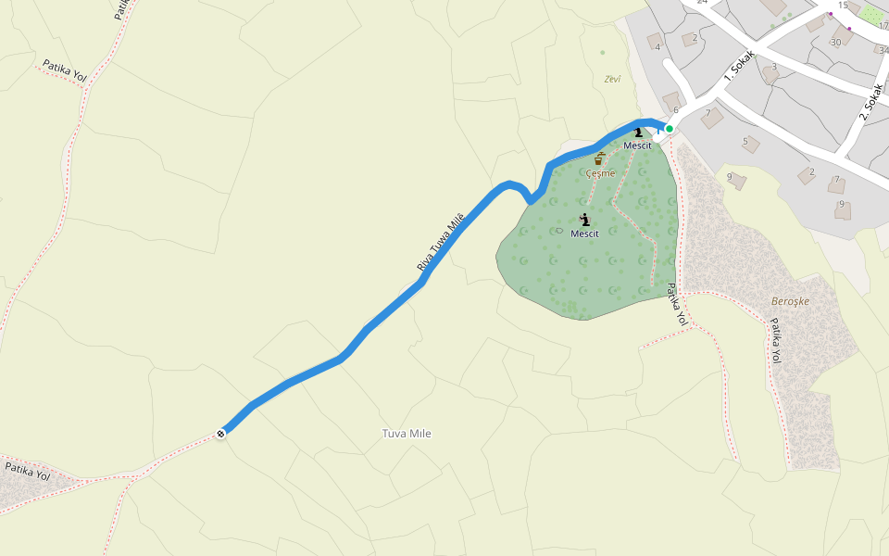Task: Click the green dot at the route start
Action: pos(669,129)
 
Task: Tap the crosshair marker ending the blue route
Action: pos(221,433)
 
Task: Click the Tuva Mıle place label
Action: pos(407,434)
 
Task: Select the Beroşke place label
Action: pos(790,302)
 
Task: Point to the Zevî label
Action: pos(612,79)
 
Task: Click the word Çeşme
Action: pos(600,173)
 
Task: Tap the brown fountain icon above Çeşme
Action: pos(600,158)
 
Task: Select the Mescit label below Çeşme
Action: pos(584,234)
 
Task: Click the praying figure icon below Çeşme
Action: pos(584,219)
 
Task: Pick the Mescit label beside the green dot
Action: pos(637,145)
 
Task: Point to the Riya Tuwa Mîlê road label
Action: pos(440,241)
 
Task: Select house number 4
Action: pos(657,46)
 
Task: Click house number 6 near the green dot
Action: pos(676,110)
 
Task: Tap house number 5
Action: pos(745,142)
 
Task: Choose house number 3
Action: pos(774,67)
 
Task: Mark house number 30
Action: pos(836,42)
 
